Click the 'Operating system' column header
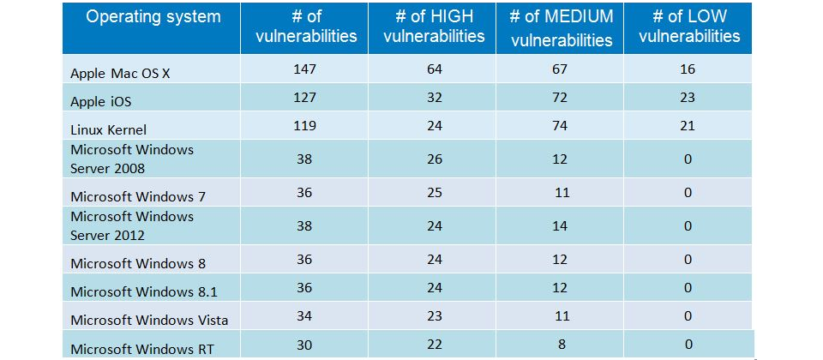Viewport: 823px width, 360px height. click(153, 16)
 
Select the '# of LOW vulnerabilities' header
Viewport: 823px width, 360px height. click(689, 26)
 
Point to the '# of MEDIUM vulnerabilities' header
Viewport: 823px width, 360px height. click(561, 27)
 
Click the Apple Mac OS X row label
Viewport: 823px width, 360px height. click(120, 74)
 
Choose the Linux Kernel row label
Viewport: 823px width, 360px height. click(109, 129)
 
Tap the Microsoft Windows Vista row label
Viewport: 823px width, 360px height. click(149, 320)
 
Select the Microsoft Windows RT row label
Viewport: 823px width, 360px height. click(141, 349)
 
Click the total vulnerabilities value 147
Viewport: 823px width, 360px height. click(305, 69)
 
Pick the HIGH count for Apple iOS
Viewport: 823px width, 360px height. click(435, 97)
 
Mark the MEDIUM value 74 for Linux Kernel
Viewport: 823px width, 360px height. click(560, 125)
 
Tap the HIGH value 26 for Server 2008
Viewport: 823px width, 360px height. click(435, 159)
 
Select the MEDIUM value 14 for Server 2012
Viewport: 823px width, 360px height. click(560, 225)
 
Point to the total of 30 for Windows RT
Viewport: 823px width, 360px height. click(304, 344)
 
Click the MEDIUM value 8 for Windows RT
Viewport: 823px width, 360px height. click(561, 344)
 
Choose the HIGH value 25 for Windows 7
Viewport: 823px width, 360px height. click(435, 192)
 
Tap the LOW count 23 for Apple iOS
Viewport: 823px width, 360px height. click(687, 97)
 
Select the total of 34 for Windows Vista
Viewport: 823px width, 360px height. click(304, 315)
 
